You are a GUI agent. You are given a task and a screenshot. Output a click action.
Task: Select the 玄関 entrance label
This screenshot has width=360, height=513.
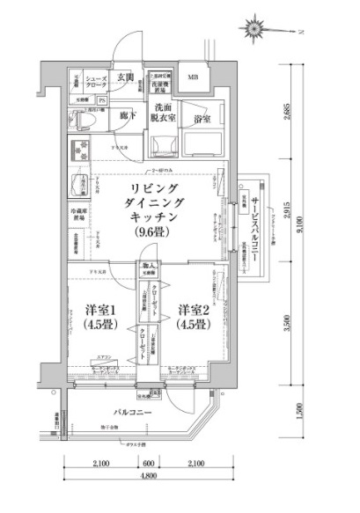[x=124, y=77]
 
